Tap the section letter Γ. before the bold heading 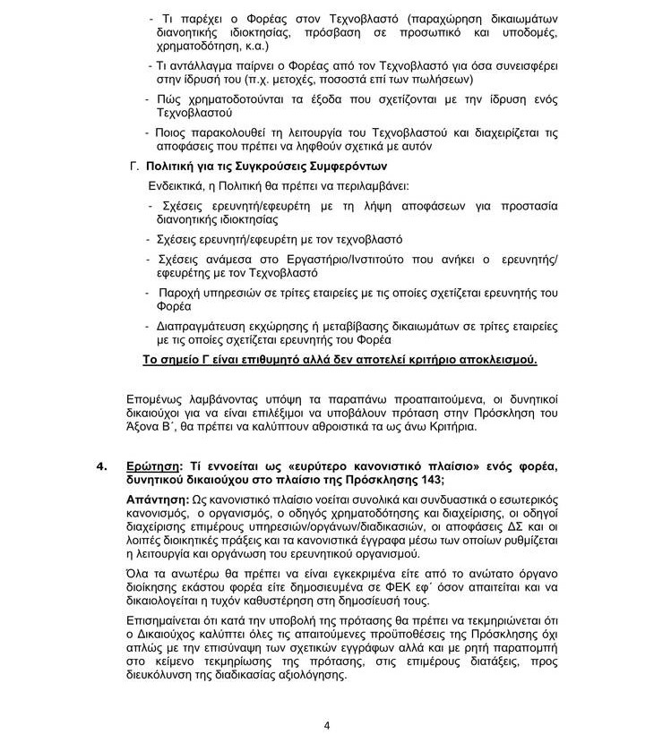136,166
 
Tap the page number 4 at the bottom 326,725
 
